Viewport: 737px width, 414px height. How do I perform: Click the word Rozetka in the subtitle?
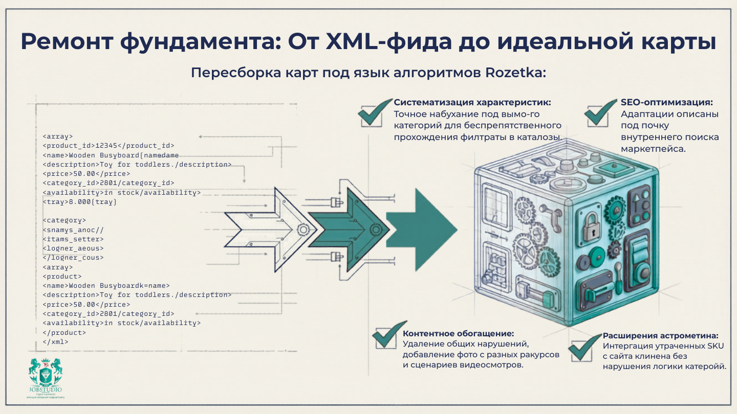point(514,73)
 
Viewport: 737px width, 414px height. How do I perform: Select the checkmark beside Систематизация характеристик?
point(376,112)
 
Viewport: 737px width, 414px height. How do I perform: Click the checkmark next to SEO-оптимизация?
point(600,112)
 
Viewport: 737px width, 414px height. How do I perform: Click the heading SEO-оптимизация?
point(666,102)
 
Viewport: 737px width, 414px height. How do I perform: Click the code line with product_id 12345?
point(109,146)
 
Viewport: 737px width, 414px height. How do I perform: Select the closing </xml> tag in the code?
point(55,342)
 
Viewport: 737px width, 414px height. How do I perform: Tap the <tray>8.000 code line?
point(79,202)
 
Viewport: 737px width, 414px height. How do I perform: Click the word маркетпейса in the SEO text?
point(653,149)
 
